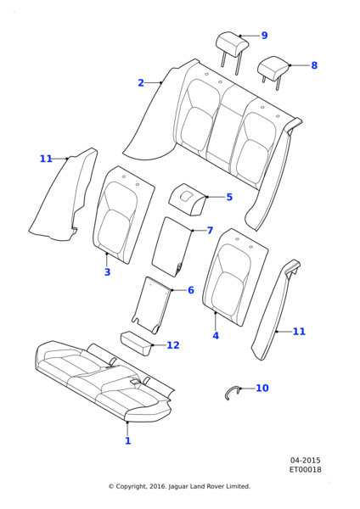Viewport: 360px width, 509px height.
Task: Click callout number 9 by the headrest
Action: point(264,36)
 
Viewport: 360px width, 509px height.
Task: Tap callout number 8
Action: point(314,65)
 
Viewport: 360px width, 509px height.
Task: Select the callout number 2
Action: point(141,83)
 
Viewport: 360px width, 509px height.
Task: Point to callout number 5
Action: point(229,197)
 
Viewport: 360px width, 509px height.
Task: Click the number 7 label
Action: point(210,231)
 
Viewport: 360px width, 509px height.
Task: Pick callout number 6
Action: point(191,290)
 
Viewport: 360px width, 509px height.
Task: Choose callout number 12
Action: point(173,345)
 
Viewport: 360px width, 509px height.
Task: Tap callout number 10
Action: point(262,388)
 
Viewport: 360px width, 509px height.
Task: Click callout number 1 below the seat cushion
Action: point(128,441)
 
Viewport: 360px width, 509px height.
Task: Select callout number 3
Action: point(107,272)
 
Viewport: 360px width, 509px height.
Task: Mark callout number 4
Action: point(216,336)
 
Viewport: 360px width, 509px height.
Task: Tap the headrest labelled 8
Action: point(273,70)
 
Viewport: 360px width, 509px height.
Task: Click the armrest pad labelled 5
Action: point(188,199)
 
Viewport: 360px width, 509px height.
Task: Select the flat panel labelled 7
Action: point(172,248)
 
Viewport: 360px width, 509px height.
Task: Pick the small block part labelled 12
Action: point(137,343)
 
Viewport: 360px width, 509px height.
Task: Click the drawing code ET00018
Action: point(306,469)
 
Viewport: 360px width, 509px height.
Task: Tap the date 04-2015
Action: point(305,461)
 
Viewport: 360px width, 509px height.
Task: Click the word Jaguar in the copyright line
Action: point(178,487)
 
